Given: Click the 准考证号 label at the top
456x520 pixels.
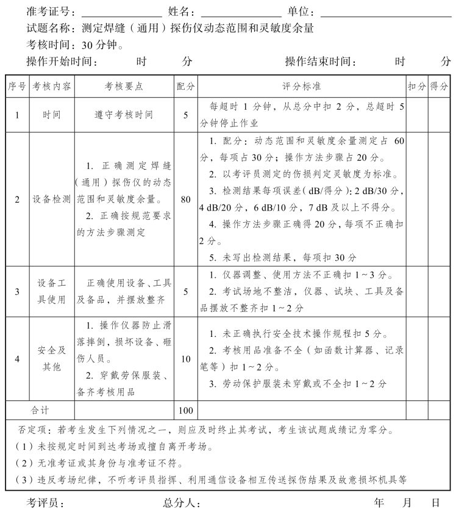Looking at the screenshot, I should (51, 12).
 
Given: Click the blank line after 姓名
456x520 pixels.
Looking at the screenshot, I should (241, 13).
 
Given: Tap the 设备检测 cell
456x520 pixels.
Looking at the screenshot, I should (52, 199).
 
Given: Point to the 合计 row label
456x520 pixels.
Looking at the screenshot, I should (40, 410).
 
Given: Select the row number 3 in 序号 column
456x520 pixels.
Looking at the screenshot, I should (17, 291).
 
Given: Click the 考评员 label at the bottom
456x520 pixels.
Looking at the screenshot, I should (45, 504).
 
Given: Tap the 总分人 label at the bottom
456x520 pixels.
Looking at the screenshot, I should (181, 504).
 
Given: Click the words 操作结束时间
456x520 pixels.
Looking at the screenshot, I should (320, 61).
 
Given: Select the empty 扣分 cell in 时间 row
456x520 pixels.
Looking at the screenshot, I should (417, 115).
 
